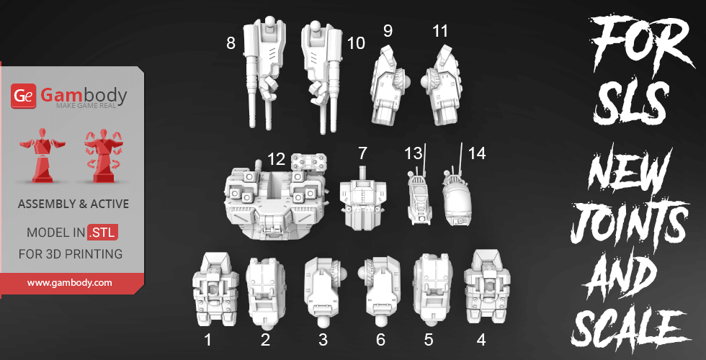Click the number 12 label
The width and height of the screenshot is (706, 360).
tap(276, 158)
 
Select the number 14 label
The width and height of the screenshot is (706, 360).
tap(476, 153)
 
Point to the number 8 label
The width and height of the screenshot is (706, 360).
tap(231, 43)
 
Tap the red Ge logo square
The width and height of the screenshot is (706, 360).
tap(24, 95)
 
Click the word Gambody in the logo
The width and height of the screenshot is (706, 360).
tap(84, 94)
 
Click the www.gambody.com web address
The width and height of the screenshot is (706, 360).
tap(70, 283)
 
